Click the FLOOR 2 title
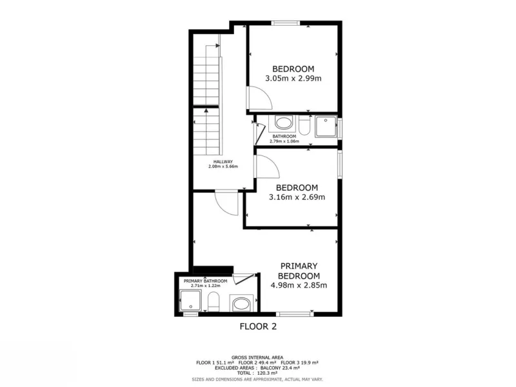click(x=258, y=326)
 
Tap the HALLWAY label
click(x=223, y=162)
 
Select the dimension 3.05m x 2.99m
click(x=293, y=78)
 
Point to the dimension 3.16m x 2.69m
click(x=297, y=197)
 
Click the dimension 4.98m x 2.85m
click(x=299, y=285)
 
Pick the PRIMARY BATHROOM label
click(x=205, y=281)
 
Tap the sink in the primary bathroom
click(x=242, y=304)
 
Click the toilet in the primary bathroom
click(x=213, y=301)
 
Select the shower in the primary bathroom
click(x=190, y=301)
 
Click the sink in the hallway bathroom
click(x=283, y=123)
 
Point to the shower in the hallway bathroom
click(x=326, y=126)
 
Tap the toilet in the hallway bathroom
click(x=304, y=125)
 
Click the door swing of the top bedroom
click(x=259, y=98)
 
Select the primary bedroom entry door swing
click(x=226, y=203)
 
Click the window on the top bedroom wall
click(x=286, y=23)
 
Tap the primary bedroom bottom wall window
click(x=295, y=314)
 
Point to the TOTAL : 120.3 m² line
click(x=257, y=373)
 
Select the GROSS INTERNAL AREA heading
click(x=257, y=357)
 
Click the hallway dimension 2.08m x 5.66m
click(x=223, y=166)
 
